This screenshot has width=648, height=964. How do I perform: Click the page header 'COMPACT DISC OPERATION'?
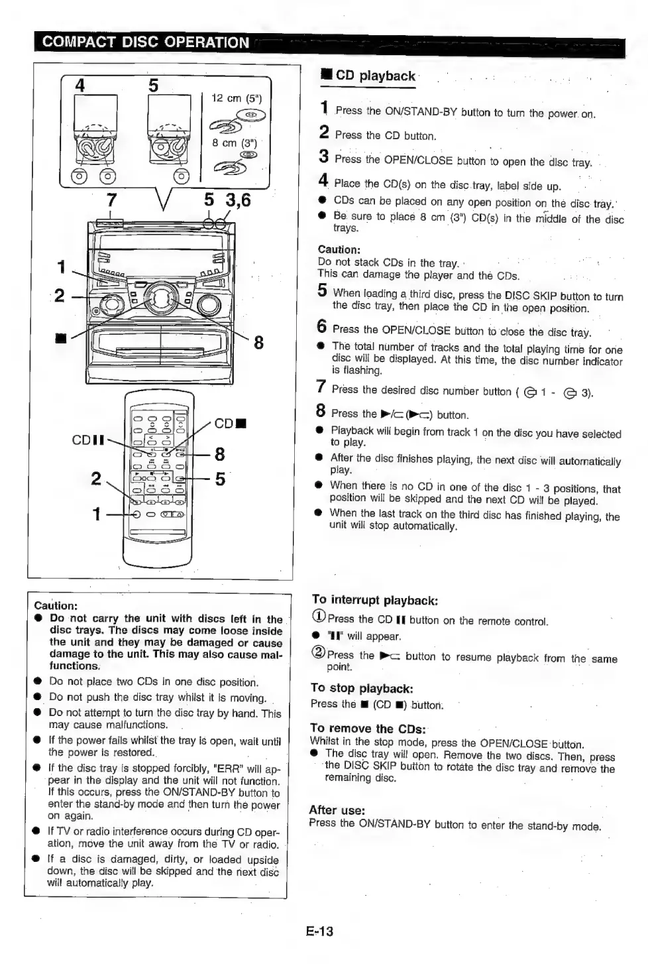(145, 42)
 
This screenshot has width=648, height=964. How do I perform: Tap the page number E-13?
(320, 931)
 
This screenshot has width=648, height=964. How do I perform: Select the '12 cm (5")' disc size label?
(237, 98)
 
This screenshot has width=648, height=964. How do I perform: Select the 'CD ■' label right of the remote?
(231, 423)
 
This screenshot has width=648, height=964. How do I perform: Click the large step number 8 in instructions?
(321, 411)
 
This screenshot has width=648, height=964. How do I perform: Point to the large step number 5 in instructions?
(322, 290)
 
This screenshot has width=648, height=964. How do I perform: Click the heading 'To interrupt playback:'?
(375, 600)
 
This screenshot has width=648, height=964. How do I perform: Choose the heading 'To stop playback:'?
(362, 688)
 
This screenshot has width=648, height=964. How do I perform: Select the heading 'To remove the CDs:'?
(368, 729)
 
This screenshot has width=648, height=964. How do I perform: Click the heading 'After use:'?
(337, 810)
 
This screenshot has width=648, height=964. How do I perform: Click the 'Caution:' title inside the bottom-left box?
(56, 605)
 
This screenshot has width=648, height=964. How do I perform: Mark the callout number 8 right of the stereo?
(258, 342)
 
